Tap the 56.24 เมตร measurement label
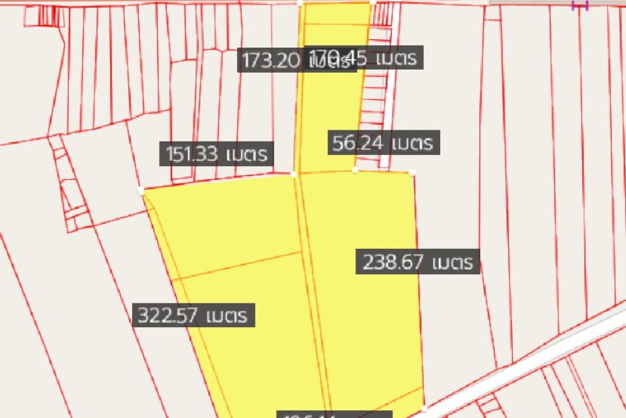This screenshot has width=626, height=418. pos(383,143)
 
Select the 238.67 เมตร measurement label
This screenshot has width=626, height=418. pos(418,261)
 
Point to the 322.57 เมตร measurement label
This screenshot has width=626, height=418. pos(195,315)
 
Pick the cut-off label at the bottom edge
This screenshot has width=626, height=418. pos(335,414)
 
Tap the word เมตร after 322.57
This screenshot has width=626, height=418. pos(230,315)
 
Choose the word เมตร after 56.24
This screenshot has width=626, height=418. pos(410,143)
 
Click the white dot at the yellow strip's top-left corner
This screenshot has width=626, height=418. pos(300,3)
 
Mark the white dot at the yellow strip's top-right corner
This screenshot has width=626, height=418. pos(372,2)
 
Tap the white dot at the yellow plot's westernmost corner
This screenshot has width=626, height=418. pos(141,190)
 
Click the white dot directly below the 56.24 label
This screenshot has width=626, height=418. pos(355,169)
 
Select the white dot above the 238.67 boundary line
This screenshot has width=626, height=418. pos(412,172)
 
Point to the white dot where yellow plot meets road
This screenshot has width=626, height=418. pos(424,409)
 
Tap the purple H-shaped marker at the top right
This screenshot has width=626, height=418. pos(580,6)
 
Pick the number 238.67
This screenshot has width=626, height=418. pos(393,261)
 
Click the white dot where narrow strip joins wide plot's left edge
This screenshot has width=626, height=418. pos(294,174)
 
